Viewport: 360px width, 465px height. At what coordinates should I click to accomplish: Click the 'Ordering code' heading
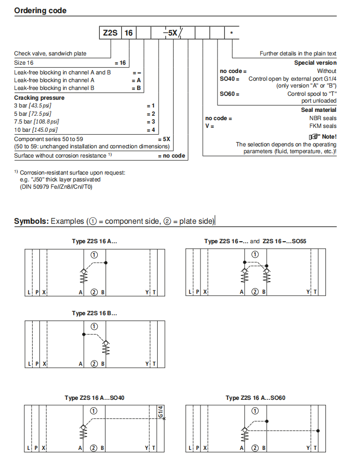[x=40, y=10]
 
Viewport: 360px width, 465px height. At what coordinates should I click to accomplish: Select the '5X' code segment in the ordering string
[x=172, y=33]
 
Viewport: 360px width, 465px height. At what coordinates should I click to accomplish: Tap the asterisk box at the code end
[x=232, y=33]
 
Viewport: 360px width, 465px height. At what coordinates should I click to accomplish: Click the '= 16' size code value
[x=120, y=63]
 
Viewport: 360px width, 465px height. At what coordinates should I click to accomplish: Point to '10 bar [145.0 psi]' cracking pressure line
[x=36, y=129]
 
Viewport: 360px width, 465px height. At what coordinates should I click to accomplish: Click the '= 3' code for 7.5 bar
[x=151, y=121]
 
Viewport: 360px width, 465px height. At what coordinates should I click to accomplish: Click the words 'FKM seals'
[x=323, y=126]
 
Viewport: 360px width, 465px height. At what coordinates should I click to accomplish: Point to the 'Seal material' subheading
[x=319, y=110]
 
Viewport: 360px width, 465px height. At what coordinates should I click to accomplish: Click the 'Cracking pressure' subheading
[x=39, y=98]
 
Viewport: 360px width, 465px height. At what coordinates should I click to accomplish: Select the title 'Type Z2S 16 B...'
[x=94, y=313]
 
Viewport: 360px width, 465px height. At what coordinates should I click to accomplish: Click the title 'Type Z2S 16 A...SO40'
[x=94, y=398]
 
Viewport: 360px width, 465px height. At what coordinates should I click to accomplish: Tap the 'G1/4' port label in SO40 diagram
[x=161, y=412]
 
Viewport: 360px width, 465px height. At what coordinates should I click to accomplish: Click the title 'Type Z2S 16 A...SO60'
[x=255, y=398]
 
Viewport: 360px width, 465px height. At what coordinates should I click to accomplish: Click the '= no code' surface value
[x=172, y=156]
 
